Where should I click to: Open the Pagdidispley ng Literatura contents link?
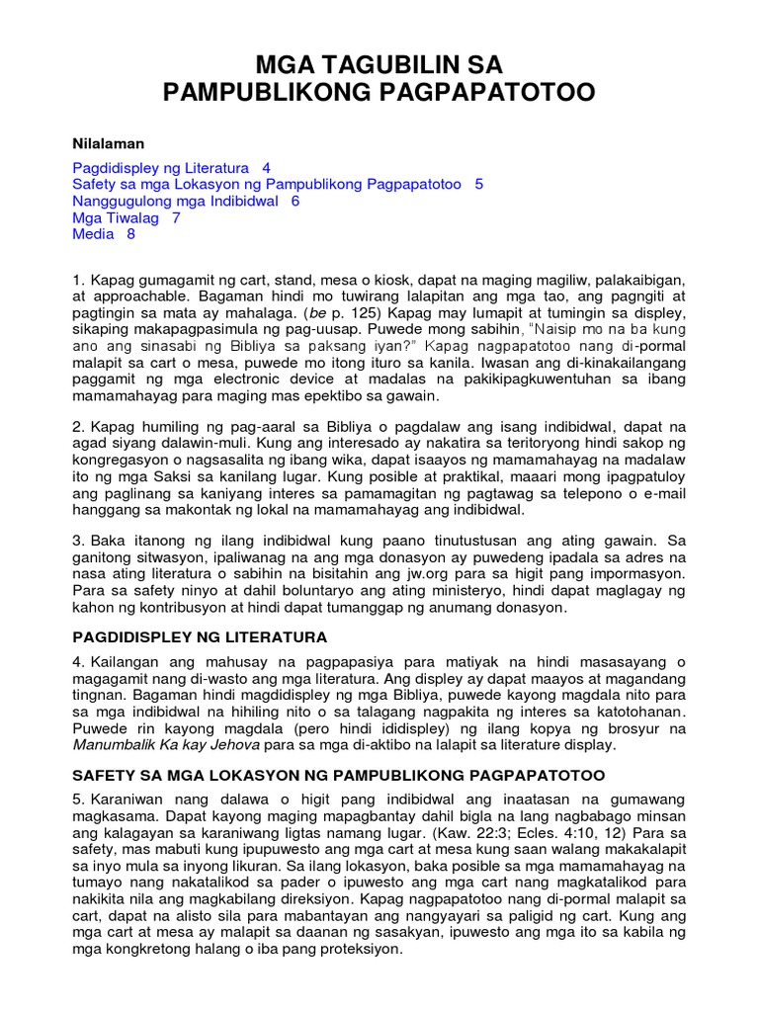coord(161,168)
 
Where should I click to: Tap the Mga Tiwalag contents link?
coord(116,217)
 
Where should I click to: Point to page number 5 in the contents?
coord(479,185)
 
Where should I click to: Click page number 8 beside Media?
coord(130,234)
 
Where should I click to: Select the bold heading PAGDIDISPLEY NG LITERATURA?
coord(200,636)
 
